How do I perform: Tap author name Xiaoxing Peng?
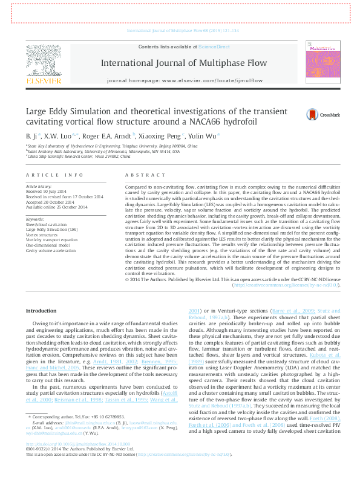pyautogui.click(x=157, y=136)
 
